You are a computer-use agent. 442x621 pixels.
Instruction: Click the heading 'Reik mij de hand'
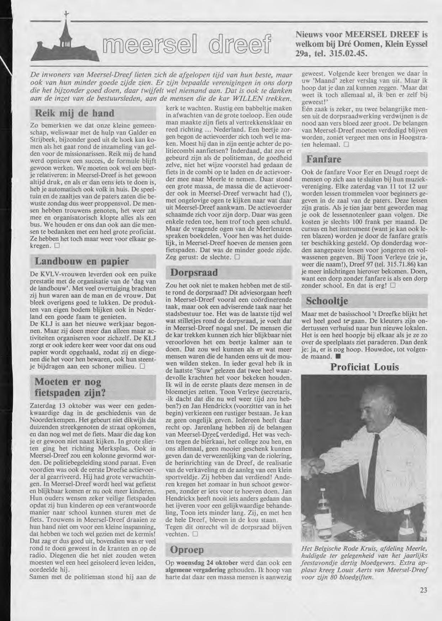[74, 114]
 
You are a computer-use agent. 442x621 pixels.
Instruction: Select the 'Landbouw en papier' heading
[81, 262]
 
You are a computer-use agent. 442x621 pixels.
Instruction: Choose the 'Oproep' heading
[187, 550]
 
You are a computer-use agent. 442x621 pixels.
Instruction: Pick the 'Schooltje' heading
[327, 301]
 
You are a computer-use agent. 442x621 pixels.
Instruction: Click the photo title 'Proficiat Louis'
[364, 367]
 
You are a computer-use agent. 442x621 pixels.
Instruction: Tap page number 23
[423, 590]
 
